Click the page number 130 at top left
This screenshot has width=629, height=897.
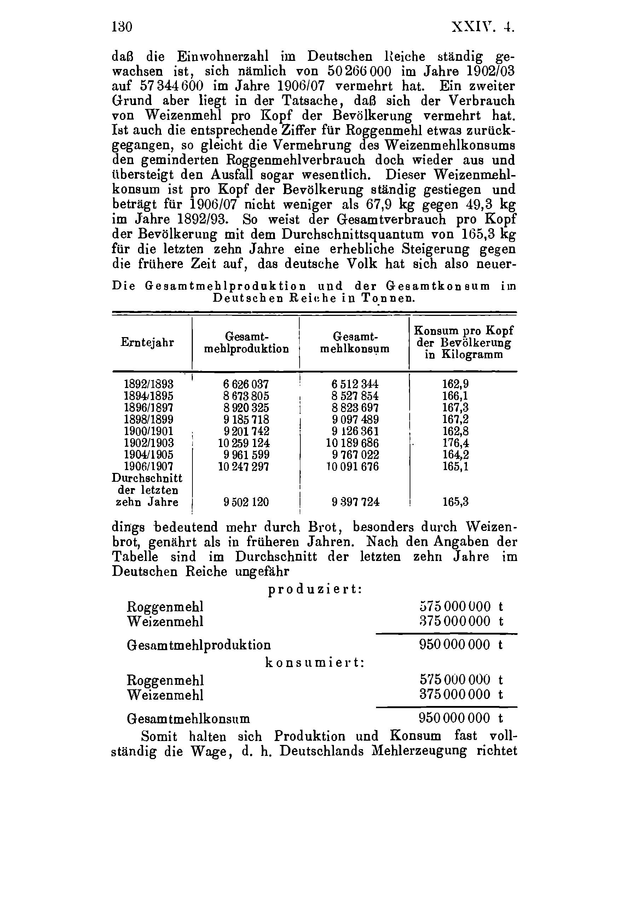(x=122, y=27)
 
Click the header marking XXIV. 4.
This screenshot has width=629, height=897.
(x=482, y=27)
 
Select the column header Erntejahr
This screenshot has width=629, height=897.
(x=147, y=343)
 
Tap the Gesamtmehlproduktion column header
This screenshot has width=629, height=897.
(x=247, y=343)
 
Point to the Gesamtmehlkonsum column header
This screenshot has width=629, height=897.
(x=355, y=343)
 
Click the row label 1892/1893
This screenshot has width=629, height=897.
(x=149, y=384)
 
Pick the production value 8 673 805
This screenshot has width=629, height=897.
(x=246, y=396)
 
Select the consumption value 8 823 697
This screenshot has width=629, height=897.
(x=355, y=408)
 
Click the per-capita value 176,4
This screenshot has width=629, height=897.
(x=456, y=443)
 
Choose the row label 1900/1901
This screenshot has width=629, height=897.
(x=149, y=431)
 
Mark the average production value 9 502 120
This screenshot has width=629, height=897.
(x=246, y=502)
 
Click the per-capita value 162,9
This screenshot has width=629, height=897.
(x=456, y=384)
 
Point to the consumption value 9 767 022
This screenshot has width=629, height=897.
(x=355, y=455)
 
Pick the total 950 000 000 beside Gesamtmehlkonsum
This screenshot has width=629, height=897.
(x=454, y=718)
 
